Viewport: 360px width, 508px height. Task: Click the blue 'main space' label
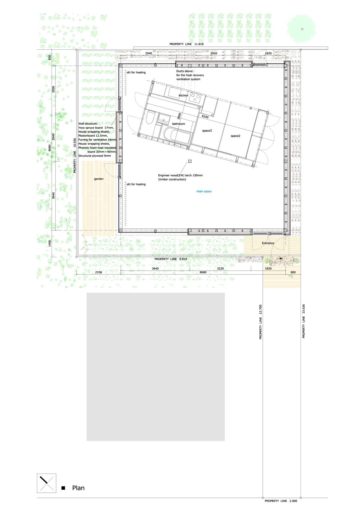pos(204,192)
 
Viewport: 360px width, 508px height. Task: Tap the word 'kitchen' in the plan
pos(183,96)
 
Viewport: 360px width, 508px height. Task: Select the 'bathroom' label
pos(178,124)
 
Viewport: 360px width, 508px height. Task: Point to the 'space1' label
pos(207,131)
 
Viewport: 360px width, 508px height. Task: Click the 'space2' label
pos(235,136)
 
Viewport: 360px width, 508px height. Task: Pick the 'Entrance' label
pos(268,243)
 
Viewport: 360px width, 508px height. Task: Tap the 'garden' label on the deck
pos(99,179)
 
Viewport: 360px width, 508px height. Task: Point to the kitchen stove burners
pos(195,97)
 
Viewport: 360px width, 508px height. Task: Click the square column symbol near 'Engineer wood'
pos(190,161)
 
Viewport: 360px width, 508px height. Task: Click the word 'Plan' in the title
pos(78,488)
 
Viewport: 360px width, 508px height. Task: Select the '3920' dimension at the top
pos(214,53)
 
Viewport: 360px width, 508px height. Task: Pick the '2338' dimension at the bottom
pos(98,272)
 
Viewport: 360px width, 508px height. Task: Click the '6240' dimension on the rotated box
pos(205,117)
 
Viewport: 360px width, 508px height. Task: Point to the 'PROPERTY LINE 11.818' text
pos(186,44)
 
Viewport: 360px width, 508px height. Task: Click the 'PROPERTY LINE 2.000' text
pos(281,501)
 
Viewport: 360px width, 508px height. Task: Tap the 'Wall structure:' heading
pos(88,124)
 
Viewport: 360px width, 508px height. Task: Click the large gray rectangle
pos(156,367)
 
